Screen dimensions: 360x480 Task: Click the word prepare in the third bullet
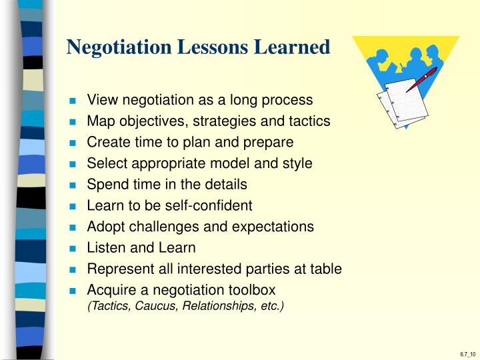click(269, 143)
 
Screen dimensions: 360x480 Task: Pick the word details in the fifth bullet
click(225, 185)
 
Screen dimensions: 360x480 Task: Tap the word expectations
click(273, 227)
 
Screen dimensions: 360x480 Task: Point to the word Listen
click(104, 248)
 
